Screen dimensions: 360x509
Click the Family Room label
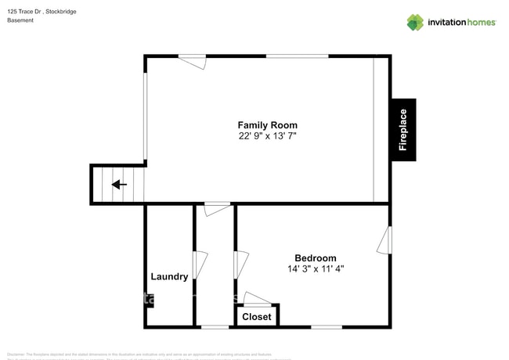point(267,125)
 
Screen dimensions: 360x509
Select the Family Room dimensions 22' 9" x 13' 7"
point(267,136)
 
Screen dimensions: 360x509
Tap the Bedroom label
point(315,258)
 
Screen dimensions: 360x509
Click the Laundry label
point(169,277)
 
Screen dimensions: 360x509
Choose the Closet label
point(257,317)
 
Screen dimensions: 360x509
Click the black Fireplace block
point(403,130)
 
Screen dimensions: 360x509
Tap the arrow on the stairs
point(119,185)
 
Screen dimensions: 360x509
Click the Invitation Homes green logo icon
point(415,22)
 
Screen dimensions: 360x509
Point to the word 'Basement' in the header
point(20,20)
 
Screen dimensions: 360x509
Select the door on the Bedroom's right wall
point(384,240)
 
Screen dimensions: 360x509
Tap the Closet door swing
point(255,298)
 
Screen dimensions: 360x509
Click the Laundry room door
point(200,264)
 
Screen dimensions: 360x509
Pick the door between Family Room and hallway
point(218,208)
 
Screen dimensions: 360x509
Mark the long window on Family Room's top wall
point(298,56)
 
